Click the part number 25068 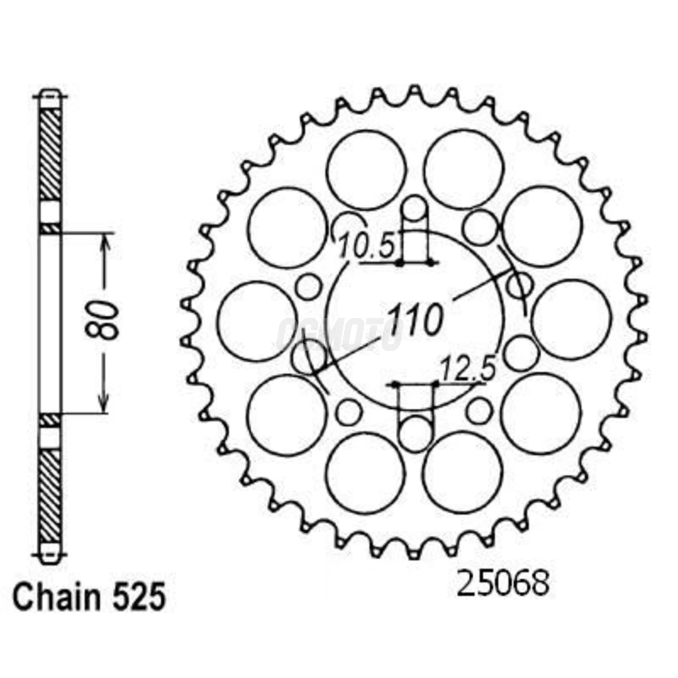point(502,585)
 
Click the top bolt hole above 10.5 point(416,210)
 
